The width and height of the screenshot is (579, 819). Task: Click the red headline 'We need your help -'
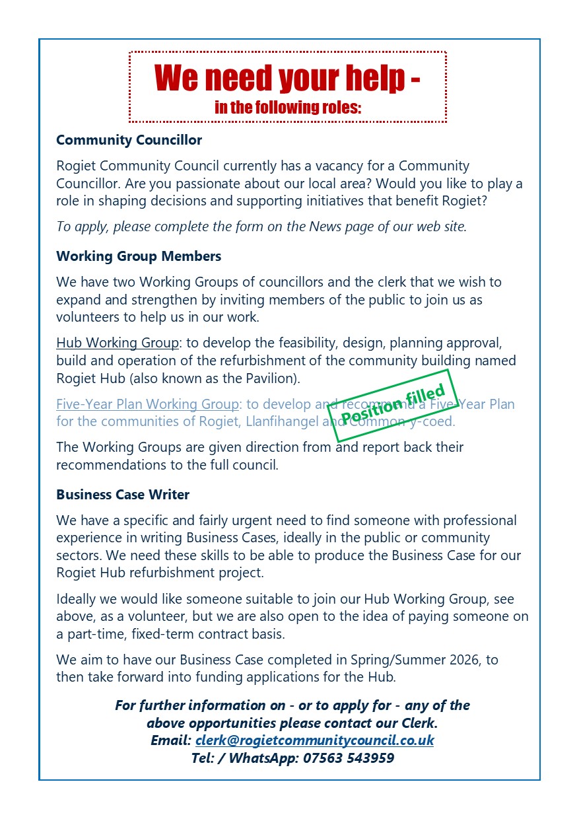pyautogui.click(x=287, y=79)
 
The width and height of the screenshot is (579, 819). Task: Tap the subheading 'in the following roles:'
pyautogui.click(x=287, y=108)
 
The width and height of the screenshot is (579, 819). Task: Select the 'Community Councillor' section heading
pyautogui.click(x=129, y=140)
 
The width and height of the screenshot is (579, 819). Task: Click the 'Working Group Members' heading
pyautogui.click(x=139, y=256)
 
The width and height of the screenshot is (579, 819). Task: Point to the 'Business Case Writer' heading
pyautogui.click(x=123, y=494)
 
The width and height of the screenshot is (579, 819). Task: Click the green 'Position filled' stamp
pyautogui.click(x=393, y=406)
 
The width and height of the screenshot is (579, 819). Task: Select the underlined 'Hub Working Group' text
pyautogui.click(x=118, y=343)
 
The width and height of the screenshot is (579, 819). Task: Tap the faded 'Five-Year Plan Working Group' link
pyautogui.click(x=148, y=404)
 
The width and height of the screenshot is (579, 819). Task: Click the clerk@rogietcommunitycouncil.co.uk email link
pyautogui.click(x=314, y=740)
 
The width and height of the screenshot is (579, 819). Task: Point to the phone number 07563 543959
pyautogui.click(x=349, y=758)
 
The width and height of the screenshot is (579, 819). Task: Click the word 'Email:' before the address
pyautogui.click(x=171, y=740)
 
